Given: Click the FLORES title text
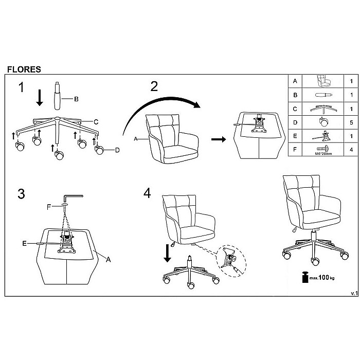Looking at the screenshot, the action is pyautogui.click(x=24, y=69).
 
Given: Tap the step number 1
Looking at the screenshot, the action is pyautogui.click(x=21, y=87).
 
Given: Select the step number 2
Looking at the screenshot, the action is pyautogui.click(x=154, y=86).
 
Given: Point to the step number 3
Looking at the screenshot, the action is pyautogui.click(x=21, y=194).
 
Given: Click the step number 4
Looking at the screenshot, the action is pyautogui.click(x=148, y=194).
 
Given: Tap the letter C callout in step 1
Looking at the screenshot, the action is pyautogui.click(x=96, y=122).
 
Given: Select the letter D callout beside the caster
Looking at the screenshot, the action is pyautogui.click(x=117, y=150).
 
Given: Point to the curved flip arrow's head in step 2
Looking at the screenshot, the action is pyautogui.click(x=195, y=105).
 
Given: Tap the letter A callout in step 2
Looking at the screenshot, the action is pyautogui.click(x=136, y=139).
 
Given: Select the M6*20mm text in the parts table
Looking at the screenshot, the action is pyautogui.click(x=323, y=153).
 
